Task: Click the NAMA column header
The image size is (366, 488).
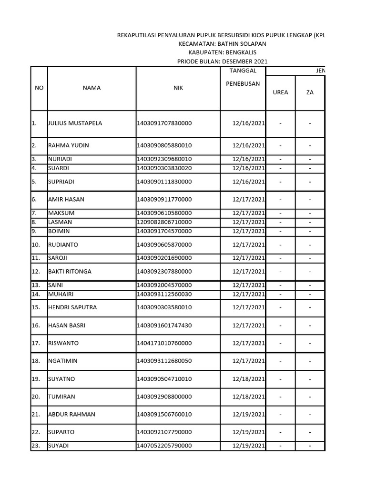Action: pyautogui.click(x=91, y=88)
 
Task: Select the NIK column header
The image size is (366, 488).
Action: pyautogui.click(x=178, y=88)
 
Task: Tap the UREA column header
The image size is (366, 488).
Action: pyautogui.click(x=280, y=92)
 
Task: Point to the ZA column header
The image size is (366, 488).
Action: pyautogui.click(x=310, y=92)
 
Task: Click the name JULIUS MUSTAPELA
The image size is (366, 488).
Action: pyautogui.click(x=75, y=123)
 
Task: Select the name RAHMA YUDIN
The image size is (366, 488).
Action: pyautogui.click(x=68, y=145)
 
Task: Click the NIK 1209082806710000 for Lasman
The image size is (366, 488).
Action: pyautogui.click(x=164, y=222)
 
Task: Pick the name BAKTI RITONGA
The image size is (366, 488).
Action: pyautogui.click(x=70, y=272)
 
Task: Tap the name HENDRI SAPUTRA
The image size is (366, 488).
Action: pyautogui.click(x=72, y=307)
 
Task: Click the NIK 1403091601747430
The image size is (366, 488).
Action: pyautogui.click(x=164, y=325)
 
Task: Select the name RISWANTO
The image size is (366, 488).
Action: pyautogui.click(x=63, y=343)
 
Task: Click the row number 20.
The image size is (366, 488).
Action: pyautogui.click(x=36, y=396)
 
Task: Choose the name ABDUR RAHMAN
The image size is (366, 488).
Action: pyautogui.click(x=71, y=415)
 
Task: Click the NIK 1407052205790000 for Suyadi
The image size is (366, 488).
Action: pyautogui.click(x=164, y=446)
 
